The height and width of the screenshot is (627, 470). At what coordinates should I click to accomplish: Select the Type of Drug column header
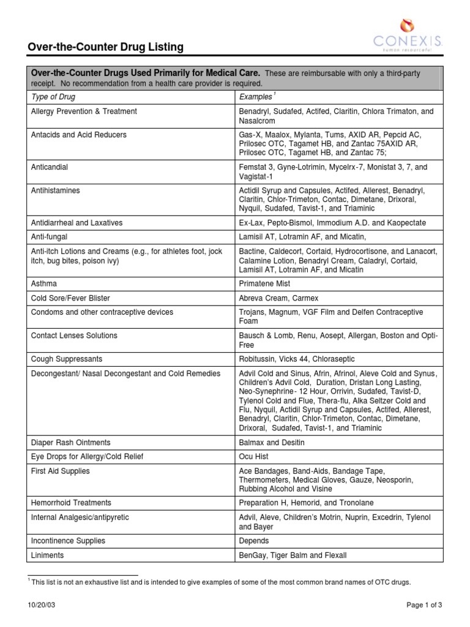pos(53,97)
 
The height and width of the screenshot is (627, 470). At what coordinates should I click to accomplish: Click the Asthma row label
pos(44,283)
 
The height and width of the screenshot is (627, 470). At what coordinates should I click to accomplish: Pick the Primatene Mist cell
pos(264,283)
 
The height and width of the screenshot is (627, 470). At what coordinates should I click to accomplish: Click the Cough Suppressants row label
pos(67,359)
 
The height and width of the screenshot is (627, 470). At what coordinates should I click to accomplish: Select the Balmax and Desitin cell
pos(271,441)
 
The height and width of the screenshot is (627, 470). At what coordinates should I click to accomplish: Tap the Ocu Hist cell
pos(253,456)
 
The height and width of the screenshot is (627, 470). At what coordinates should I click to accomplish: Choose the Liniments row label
pos(47,555)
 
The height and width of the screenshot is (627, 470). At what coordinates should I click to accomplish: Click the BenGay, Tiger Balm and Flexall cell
pos(293,555)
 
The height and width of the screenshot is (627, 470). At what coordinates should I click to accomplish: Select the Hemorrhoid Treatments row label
pos(71,503)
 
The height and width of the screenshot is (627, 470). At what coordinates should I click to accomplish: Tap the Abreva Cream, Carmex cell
pos(277,298)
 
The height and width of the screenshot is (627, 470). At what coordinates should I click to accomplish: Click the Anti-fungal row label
pos(49,237)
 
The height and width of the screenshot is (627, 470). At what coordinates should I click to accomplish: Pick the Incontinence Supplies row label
pos(68,541)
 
